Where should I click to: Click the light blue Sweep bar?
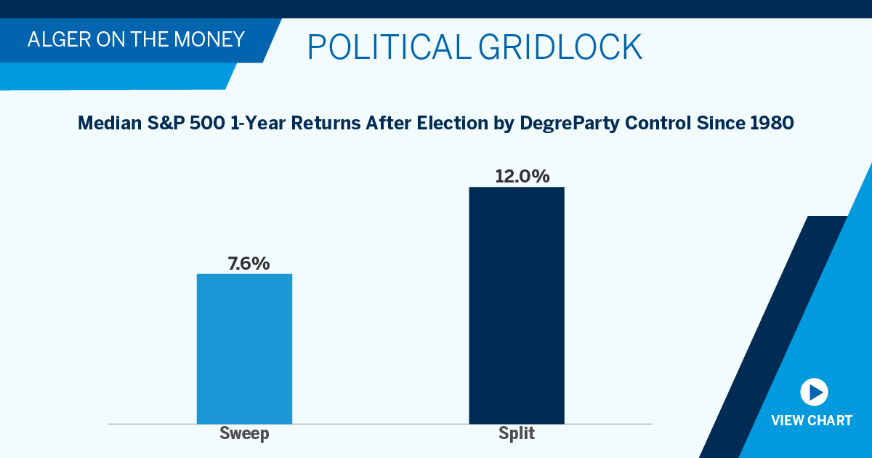pyautogui.click(x=244, y=348)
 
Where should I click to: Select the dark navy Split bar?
pyautogui.click(x=516, y=305)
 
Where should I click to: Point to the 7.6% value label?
pyautogui.click(x=249, y=263)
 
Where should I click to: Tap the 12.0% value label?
pyautogui.click(x=522, y=176)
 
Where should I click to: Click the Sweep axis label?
pyautogui.click(x=244, y=434)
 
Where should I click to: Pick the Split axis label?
pyautogui.click(x=517, y=434)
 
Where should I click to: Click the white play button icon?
pyautogui.click(x=814, y=393)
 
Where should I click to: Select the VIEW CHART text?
pyautogui.click(x=812, y=421)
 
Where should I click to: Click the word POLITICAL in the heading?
pyautogui.click(x=389, y=47)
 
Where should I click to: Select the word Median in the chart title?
pyautogui.click(x=105, y=124)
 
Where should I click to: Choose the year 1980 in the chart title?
pyautogui.click(x=772, y=124)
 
